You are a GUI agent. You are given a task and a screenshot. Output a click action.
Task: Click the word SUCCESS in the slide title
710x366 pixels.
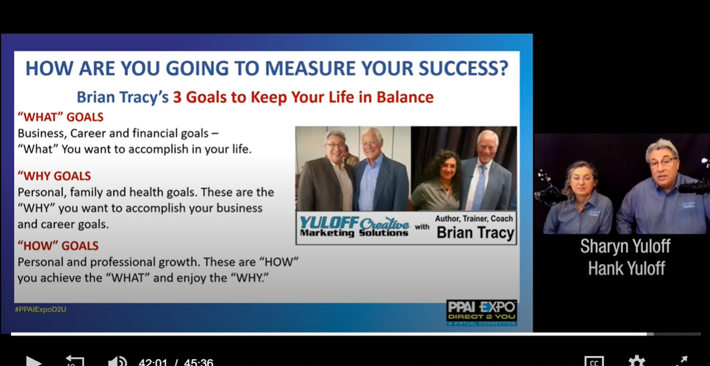463,68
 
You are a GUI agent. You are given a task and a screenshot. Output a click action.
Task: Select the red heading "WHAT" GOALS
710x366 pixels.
60,117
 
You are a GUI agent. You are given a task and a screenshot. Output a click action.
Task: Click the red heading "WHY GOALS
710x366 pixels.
54,176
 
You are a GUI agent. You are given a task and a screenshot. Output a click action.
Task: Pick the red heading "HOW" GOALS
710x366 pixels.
58,246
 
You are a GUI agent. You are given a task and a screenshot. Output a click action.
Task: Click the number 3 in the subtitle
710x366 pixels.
177,97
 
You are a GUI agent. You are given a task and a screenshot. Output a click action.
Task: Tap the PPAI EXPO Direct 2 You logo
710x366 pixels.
482,313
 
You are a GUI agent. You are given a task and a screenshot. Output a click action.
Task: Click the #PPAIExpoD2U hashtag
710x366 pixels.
41,310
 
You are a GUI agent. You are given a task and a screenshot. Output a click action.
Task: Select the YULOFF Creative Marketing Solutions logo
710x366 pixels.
354,227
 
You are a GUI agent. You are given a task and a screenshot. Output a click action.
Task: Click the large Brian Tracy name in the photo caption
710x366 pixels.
476,233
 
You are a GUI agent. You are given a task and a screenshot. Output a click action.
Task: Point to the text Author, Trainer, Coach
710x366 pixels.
474,219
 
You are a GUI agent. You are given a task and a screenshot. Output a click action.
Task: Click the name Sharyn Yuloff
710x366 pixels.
625,246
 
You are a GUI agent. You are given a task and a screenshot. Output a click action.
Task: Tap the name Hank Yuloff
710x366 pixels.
627,268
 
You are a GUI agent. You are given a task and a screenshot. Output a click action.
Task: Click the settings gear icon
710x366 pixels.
637,361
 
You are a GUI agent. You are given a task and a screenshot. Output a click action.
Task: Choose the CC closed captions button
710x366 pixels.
594,361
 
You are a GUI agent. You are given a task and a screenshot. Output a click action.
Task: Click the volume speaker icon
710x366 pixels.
117,361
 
